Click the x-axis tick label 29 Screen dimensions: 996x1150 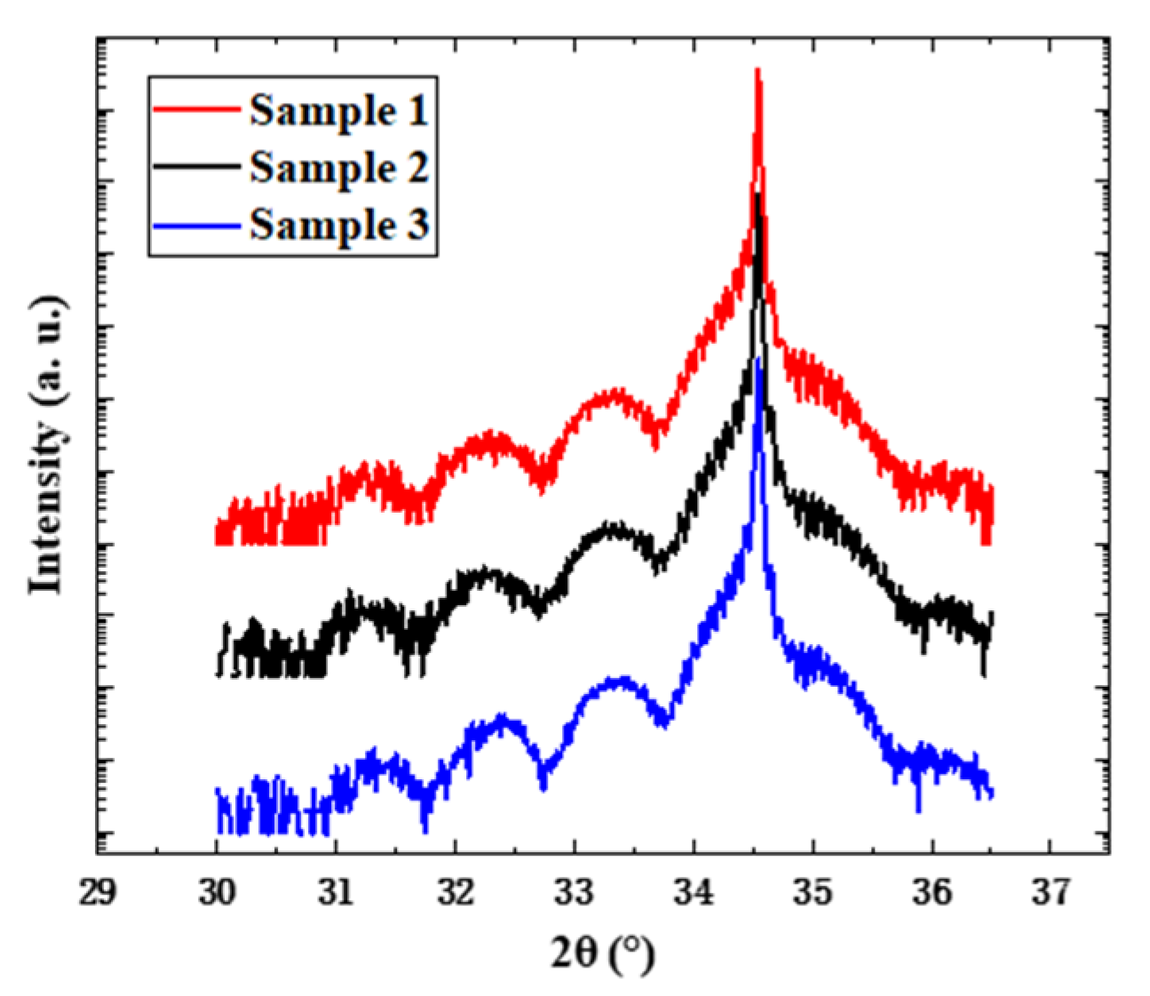click(97, 893)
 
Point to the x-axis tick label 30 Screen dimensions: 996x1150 click(216, 893)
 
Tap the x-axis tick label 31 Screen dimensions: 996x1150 click(336, 893)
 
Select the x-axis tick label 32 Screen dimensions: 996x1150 click(455, 893)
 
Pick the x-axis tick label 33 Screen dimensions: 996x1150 click(575, 893)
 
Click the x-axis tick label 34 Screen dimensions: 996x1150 click(694, 893)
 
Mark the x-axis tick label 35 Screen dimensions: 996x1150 click(813, 893)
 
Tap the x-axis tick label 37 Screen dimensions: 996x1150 click(1051, 893)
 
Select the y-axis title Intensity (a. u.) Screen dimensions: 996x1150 click(48, 444)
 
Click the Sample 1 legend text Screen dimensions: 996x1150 click(339, 111)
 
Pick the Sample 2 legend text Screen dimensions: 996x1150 click(339, 168)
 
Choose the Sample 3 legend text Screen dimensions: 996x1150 click(339, 225)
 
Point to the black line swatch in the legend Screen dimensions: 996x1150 click(196, 167)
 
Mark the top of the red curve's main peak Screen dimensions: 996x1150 click(757, 71)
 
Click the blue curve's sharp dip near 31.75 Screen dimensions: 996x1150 click(425, 828)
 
